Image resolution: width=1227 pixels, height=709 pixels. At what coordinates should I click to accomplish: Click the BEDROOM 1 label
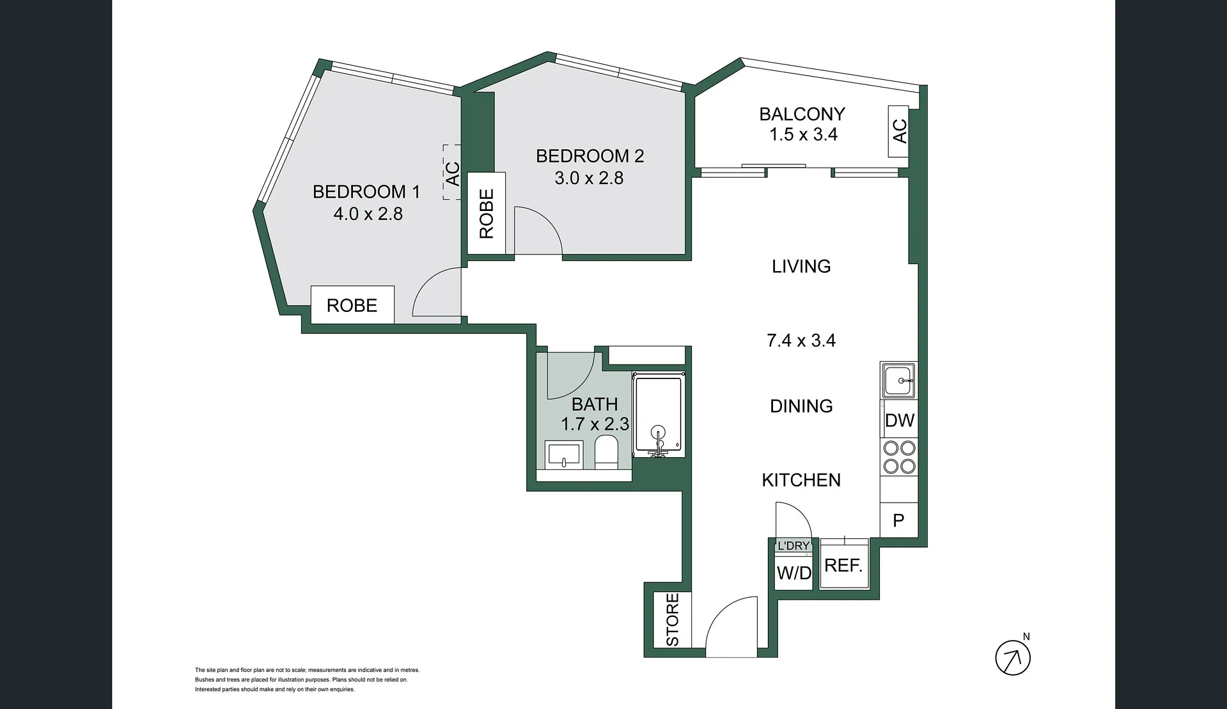coord(366,192)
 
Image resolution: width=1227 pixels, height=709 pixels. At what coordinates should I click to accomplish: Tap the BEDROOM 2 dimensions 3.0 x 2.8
coord(589,178)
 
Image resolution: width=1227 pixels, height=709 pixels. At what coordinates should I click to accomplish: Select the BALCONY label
coord(802,114)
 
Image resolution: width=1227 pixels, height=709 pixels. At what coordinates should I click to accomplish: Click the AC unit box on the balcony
coord(898,131)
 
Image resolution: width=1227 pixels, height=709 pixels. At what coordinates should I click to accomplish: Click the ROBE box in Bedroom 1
coord(352,305)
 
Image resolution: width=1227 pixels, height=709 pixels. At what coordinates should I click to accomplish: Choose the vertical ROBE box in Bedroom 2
coord(487,214)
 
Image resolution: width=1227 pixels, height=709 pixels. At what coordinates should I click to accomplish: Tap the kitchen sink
coord(899,381)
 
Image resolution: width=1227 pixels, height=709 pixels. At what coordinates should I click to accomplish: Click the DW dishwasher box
coord(899,420)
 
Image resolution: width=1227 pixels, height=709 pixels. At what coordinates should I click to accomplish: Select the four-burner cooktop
coord(899,457)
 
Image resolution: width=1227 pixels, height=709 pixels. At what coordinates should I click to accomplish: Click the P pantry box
coord(899,520)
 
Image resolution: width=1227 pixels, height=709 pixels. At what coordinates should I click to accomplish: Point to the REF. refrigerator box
coord(844,565)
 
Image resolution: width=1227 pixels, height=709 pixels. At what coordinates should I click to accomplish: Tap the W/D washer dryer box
coord(793,572)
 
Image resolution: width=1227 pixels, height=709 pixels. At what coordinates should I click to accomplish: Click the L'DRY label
coord(793,546)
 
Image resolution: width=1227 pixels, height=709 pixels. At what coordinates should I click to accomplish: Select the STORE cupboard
coord(672,619)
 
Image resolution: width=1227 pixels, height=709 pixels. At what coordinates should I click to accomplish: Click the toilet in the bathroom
coord(606,452)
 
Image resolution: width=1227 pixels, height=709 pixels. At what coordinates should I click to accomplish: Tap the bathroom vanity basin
coord(564,454)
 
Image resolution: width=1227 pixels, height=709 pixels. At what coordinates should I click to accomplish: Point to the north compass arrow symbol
coord(1013,657)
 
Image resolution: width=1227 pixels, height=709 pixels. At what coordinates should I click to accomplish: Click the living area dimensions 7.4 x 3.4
coord(801,340)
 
